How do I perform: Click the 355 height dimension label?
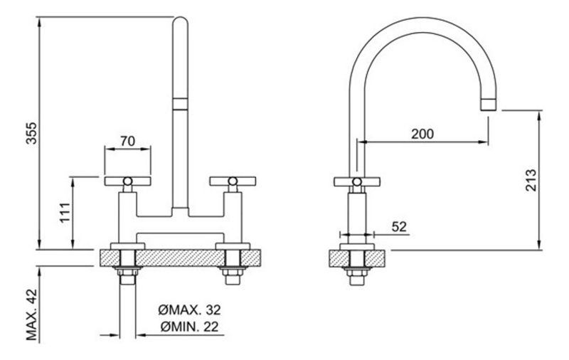click(x=31, y=133)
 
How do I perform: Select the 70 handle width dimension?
click(x=127, y=140)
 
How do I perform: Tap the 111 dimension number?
click(x=65, y=213)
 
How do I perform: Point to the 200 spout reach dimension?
click(x=422, y=134)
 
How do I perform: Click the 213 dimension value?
click(x=530, y=180)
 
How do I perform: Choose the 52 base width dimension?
click(x=399, y=227)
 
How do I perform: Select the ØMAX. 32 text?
click(x=189, y=310)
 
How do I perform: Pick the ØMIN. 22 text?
click(x=190, y=327)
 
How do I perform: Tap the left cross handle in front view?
click(x=127, y=181)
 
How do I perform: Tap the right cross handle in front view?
click(x=233, y=181)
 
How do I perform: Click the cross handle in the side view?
click(x=357, y=182)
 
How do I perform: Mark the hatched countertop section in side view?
click(x=357, y=259)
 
